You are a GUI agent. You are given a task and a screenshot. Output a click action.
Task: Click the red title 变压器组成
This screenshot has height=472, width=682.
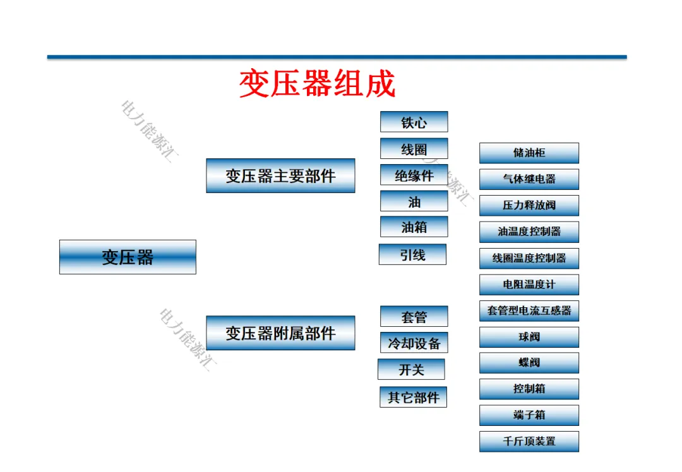[x=317, y=85]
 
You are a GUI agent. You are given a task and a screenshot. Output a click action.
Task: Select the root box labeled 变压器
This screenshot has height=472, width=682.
[x=128, y=257]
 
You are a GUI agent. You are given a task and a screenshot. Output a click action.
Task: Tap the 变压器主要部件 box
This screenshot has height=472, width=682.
[x=280, y=175]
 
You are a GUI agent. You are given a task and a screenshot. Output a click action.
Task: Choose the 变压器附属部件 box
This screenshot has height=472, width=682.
[x=280, y=333]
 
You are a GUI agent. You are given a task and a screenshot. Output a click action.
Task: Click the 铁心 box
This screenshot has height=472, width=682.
[x=414, y=122]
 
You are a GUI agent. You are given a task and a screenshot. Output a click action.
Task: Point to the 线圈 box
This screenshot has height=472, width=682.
[x=414, y=149]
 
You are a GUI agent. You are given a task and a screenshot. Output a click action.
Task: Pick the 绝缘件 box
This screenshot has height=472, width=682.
[x=414, y=175]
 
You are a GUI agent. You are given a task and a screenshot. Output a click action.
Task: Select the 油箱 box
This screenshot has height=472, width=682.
[x=414, y=227]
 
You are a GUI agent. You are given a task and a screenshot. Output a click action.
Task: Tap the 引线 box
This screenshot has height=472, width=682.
[x=412, y=254]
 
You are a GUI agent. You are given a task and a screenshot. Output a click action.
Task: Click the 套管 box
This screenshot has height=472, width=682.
[x=414, y=316]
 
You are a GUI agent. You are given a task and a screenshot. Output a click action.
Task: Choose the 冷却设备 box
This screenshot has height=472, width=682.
[x=414, y=343]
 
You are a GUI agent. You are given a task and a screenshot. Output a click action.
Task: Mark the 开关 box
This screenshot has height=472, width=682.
[x=411, y=369]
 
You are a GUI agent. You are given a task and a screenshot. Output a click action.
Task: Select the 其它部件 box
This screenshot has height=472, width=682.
[x=413, y=397]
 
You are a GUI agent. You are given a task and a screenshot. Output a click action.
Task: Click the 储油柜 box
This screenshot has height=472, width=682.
[x=529, y=153]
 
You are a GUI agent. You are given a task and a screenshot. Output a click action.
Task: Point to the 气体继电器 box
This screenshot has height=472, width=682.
[x=529, y=179]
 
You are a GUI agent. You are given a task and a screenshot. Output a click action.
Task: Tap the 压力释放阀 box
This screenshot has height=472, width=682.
[x=529, y=206]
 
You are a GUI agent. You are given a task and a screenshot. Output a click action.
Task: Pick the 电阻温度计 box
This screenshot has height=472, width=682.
[x=529, y=285]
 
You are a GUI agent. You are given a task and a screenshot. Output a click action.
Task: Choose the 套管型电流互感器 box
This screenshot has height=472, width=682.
[x=529, y=310]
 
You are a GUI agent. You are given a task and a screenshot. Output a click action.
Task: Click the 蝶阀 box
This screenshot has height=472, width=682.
[x=529, y=363]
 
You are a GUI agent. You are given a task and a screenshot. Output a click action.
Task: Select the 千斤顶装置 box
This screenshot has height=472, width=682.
[x=529, y=441]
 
